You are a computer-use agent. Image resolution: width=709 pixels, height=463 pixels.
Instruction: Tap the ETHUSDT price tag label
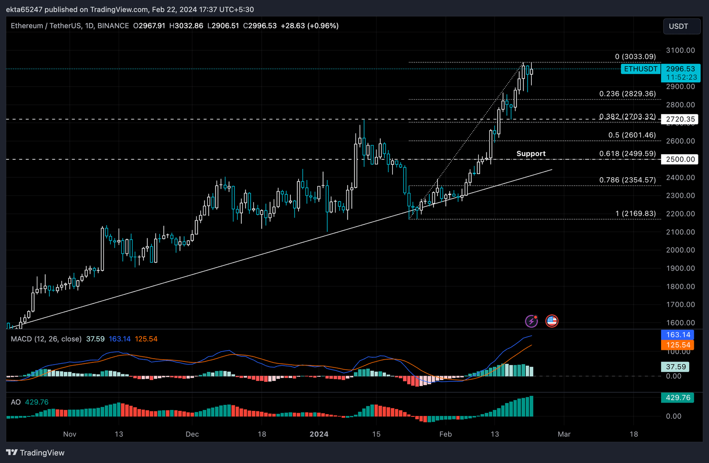641,69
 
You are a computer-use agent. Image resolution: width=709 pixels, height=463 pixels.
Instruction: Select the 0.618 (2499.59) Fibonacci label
627,154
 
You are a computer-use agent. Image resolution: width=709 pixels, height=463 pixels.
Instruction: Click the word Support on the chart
531,154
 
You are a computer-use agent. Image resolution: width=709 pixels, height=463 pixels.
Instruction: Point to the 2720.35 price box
680,119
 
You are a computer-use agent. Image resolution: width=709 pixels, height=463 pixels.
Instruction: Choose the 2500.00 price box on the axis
680,159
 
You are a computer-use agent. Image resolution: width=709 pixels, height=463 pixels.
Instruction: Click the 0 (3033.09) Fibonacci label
635,57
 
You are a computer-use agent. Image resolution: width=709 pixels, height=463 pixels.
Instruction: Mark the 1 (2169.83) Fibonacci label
635,213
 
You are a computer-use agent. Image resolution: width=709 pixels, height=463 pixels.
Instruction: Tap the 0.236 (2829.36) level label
627,94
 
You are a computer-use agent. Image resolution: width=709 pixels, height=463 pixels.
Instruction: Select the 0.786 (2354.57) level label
627,180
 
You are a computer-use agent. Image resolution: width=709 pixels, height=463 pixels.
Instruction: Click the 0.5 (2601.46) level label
632,135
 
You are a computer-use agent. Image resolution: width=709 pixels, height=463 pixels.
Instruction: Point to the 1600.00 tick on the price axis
680,323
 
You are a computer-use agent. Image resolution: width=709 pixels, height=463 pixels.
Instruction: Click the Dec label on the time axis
192,434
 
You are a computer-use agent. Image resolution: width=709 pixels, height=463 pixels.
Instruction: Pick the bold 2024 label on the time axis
319,434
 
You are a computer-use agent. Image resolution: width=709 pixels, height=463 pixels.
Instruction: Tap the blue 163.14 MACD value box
678,335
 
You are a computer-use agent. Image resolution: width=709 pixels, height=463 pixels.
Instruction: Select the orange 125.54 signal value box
678,345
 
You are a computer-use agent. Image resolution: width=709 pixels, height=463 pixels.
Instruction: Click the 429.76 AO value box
678,397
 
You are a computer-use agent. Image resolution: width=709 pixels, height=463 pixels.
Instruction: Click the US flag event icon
552,321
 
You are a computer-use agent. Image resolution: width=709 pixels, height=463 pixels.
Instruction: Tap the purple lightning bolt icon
532,321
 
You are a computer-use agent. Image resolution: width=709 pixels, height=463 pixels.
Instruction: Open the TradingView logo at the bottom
35,453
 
